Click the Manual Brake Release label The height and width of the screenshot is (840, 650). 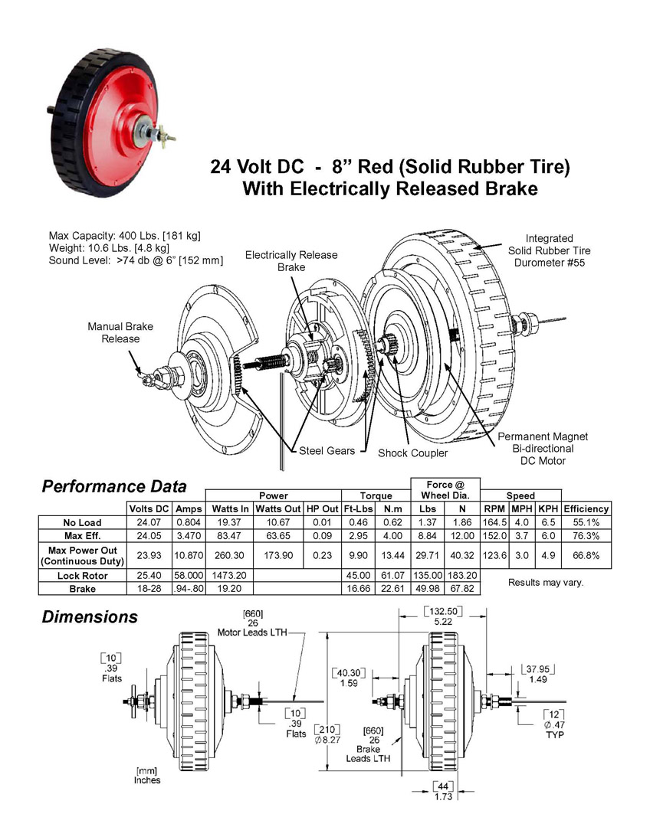(x=120, y=332)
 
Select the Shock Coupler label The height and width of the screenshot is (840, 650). (x=412, y=453)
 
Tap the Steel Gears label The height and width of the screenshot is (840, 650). (x=327, y=451)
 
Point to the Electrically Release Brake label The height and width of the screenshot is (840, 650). (x=291, y=261)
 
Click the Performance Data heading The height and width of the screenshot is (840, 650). (x=113, y=486)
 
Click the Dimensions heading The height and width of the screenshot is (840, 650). (x=90, y=617)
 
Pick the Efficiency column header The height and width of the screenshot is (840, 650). (x=586, y=509)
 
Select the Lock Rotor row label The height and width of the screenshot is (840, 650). (x=82, y=576)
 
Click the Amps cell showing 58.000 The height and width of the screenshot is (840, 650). (x=189, y=575)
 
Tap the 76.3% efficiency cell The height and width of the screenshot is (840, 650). (x=586, y=536)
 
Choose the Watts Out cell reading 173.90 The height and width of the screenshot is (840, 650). (x=277, y=556)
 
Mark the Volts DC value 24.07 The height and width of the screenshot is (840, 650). (x=149, y=522)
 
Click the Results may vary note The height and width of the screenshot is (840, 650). (x=546, y=582)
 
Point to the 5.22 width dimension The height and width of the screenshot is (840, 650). (x=443, y=622)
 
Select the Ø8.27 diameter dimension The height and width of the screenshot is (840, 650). (x=327, y=740)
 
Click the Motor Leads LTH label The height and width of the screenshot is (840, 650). (x=252, y=632)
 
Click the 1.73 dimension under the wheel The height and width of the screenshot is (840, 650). (x=443, y=796)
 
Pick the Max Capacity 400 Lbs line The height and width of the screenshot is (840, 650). (x=124, y=236)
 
